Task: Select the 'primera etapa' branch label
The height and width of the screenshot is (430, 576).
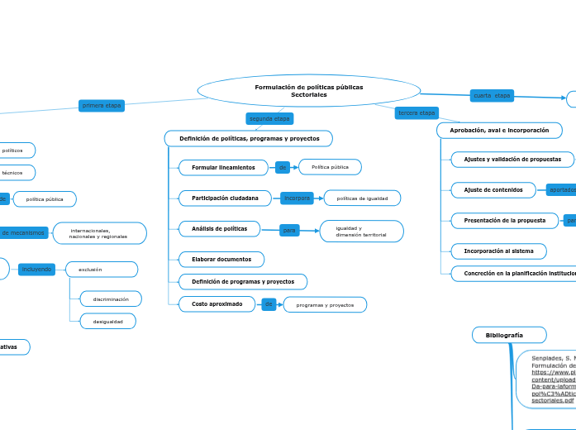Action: (102, 106)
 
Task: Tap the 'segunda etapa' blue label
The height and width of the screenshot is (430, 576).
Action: (269, 119)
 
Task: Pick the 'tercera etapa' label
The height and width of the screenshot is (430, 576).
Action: (417, 112)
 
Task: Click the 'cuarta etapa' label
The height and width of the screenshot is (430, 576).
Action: (492, 96)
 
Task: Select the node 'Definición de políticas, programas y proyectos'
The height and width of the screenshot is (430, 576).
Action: (249, 138)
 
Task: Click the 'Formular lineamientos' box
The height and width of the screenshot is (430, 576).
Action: (224, 168)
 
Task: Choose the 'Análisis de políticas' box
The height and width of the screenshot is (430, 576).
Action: (219, 228)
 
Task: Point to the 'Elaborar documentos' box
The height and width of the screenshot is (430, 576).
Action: (221, 260)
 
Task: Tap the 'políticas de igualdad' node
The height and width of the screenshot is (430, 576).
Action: (362, 198)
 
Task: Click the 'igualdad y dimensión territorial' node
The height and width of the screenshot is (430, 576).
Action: (361, 232)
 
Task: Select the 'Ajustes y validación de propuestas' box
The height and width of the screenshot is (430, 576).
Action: (512, 159)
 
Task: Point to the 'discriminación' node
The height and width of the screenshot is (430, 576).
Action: (110, 299)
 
